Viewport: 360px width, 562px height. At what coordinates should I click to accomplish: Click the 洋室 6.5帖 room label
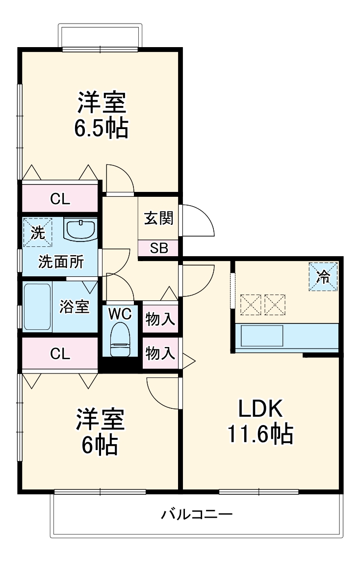(x=101, y=115)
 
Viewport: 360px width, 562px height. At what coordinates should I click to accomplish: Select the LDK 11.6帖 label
(x=259, y=421)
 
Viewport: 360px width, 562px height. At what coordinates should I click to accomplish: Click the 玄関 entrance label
(x=158, y=218)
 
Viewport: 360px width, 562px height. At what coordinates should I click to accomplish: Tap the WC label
(x=120, y=314)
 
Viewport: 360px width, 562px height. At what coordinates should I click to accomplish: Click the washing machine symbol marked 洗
(x=37, y=232)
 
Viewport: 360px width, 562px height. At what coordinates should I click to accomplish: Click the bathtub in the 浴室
(x=37, y=306)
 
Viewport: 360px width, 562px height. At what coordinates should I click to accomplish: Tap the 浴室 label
(x=75, y=307)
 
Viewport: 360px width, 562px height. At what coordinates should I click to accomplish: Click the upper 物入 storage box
(x=160, y=319)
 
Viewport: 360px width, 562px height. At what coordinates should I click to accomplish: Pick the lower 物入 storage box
(x=160, y=353)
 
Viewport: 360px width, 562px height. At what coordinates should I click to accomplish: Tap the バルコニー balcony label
(x=197, y=515)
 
